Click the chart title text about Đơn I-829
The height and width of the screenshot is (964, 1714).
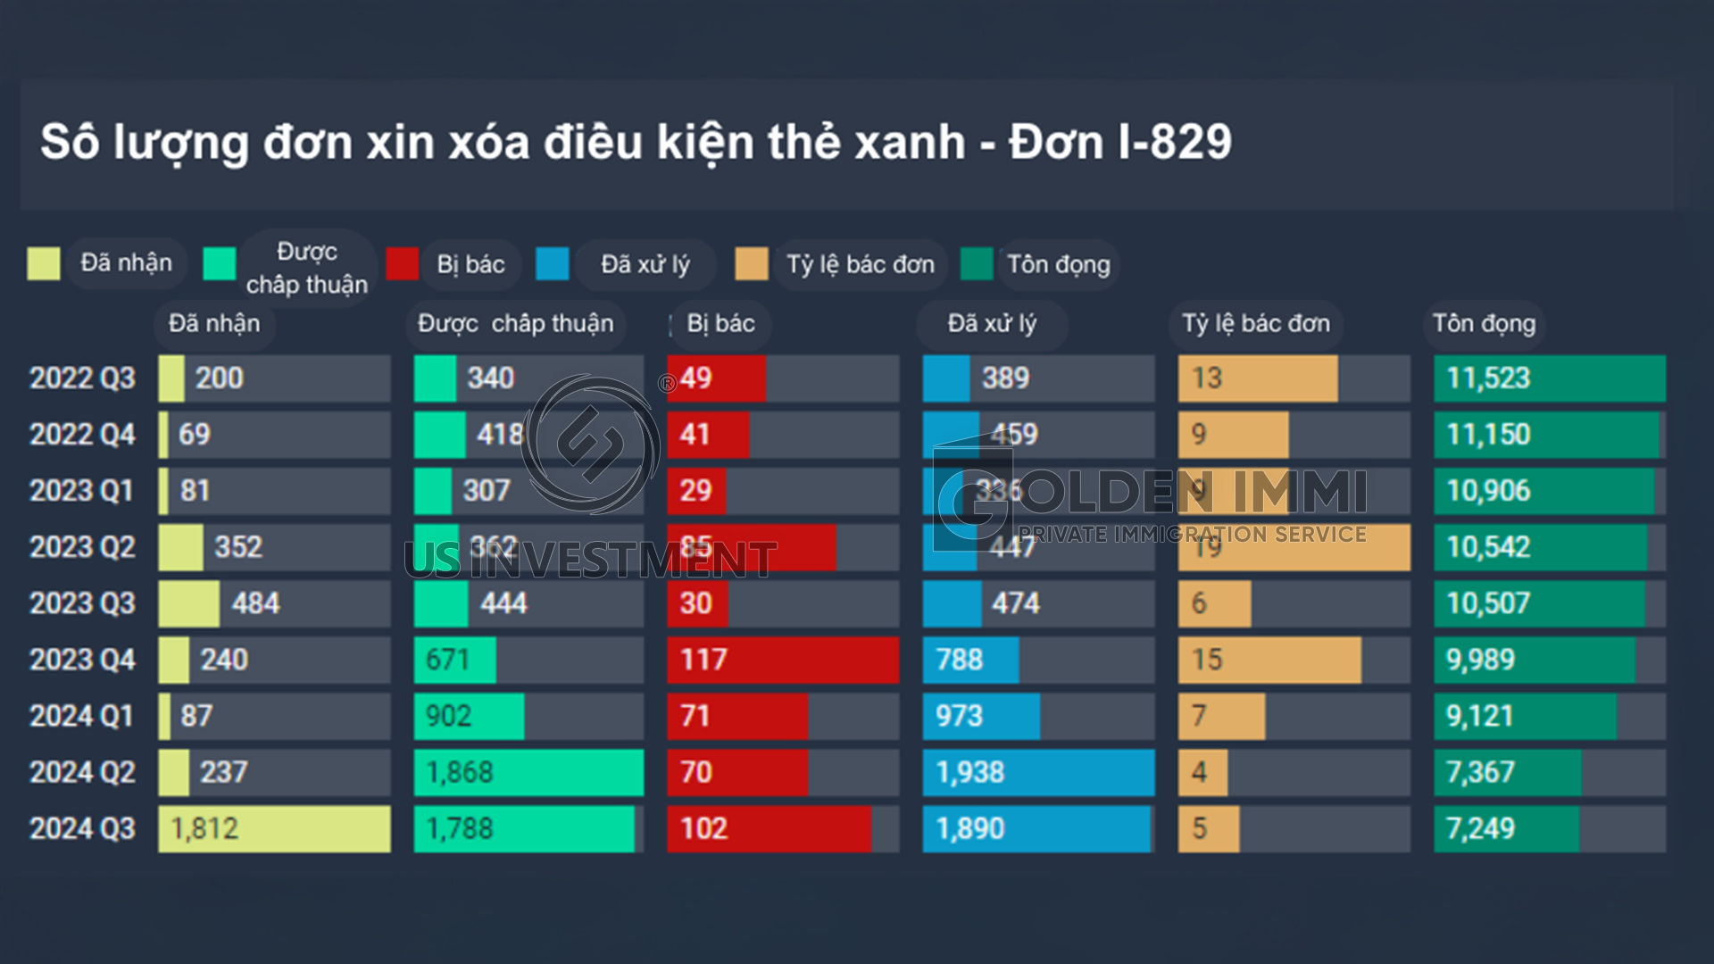[636, 143]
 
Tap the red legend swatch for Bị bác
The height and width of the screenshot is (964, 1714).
[403, 264]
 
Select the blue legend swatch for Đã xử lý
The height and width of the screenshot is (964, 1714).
[553, 264]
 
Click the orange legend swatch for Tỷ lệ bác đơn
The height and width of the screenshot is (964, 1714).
[752, 264]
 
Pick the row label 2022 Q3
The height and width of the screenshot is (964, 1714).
[82, 378]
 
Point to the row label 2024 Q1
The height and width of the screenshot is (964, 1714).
[82, 716]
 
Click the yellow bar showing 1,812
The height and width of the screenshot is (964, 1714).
[274, 829]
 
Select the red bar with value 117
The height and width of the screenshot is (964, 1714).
[783, 660]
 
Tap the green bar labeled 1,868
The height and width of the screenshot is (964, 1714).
[528, 772]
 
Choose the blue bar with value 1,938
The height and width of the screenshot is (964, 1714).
[1038, 772]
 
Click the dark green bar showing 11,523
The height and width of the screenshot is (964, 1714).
[1550, 378]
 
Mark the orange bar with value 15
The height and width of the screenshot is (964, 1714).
[1269, 660]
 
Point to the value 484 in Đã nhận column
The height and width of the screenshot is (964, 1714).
[255, 603]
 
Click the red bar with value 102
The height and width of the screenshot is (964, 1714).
[769, 829]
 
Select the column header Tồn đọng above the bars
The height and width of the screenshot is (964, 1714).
[1484, 324]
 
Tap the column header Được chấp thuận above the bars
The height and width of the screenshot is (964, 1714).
[516, 324]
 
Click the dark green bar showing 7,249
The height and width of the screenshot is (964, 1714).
[1506, 829]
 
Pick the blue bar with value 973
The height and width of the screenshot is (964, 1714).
[981, 716]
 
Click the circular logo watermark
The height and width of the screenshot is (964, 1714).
[591, 444]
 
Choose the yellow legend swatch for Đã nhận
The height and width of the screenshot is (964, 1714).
[44, 264]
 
